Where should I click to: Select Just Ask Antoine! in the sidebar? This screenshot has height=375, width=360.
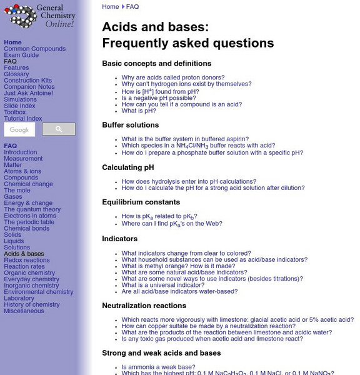pos(28,93)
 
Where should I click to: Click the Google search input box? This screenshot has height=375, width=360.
pos(19,129)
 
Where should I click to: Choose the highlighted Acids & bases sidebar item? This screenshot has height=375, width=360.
pos(24,254)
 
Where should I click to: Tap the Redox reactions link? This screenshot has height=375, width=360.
pos(26,260)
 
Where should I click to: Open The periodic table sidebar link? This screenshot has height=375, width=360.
pos(29,222)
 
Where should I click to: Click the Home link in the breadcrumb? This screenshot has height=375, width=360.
pos(110,7)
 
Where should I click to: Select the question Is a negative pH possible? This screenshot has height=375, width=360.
pos(159,98)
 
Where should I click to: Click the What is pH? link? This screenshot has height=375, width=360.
pos(139,111)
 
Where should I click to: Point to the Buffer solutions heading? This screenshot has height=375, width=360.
pos(130,125)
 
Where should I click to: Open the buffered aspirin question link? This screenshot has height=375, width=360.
pos(185,139)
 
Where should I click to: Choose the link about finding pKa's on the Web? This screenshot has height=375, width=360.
pos(172,224)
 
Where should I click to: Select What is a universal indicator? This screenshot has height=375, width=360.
pos(163,285)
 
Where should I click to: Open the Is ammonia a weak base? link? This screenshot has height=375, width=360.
pos(159,367)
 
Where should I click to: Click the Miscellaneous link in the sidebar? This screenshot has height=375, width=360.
pos(24,311)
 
